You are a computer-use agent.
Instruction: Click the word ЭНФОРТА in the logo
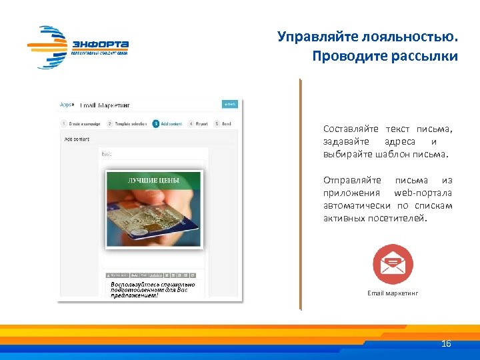point(100,45)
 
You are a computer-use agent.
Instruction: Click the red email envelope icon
point(393,265)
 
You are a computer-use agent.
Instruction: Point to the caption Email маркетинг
point(393,293)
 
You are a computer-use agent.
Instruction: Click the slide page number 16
point(447,344)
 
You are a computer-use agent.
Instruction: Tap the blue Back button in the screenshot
point(230,104)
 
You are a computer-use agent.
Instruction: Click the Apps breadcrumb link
point(66,104)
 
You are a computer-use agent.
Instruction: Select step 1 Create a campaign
point(82,123)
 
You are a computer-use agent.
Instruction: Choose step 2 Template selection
point(127,123)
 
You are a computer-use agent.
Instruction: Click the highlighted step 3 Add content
point(168,123)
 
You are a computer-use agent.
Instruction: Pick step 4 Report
point(199,123)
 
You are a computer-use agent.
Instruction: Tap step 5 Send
point(224,123)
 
